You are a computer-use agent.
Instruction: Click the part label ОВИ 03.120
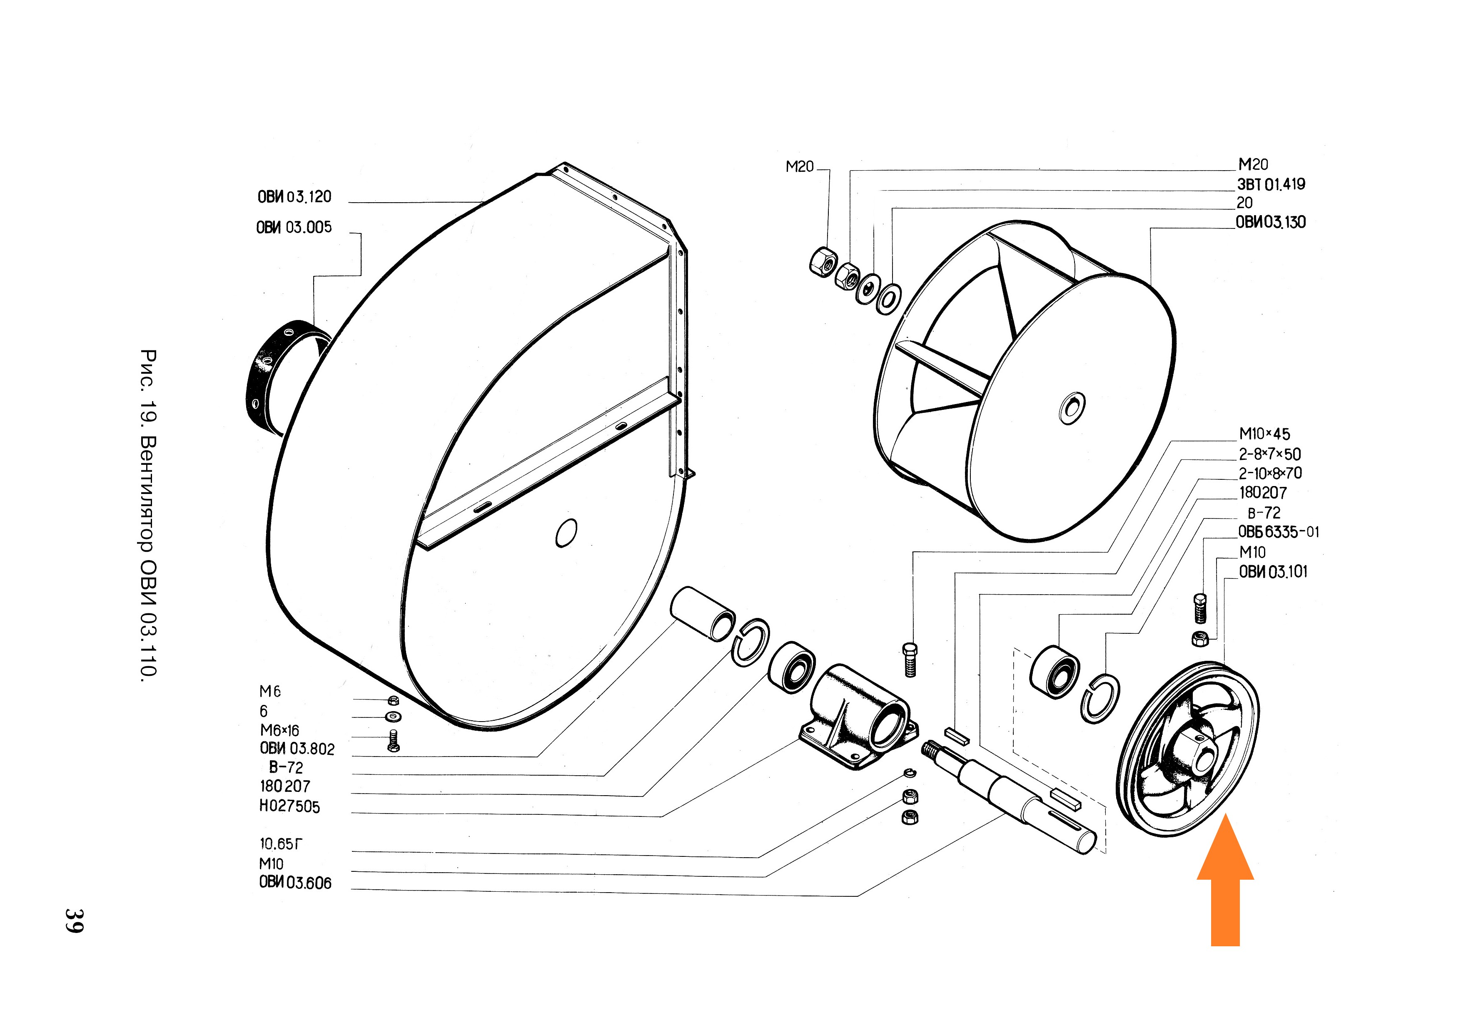[294, 196]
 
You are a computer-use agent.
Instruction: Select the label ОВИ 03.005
[294, 227]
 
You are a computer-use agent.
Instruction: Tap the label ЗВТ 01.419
[1270, 184]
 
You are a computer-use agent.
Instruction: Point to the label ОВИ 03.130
[1270, 222]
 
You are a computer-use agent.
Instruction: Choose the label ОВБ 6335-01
[1278, 531]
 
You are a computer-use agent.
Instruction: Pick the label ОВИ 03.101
[1273, 572]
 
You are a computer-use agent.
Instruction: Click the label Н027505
[289, 806]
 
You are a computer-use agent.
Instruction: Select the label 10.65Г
[281, 844]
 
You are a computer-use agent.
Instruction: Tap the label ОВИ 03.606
[294, 883]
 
